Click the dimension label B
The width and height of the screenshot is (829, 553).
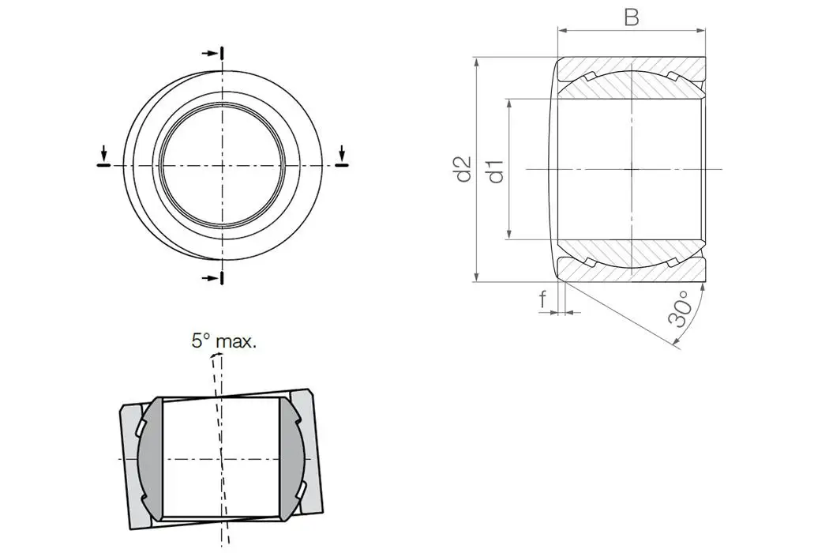631,17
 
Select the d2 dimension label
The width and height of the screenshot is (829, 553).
463,169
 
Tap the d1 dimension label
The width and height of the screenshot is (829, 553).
495,170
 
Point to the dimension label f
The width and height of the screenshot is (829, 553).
542,299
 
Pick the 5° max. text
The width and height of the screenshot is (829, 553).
224,341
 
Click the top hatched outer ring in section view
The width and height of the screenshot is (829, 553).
631,66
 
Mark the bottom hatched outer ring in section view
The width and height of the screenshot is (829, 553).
631,271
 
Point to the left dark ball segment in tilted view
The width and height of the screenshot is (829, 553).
150,458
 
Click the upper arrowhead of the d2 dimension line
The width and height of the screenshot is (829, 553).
477,62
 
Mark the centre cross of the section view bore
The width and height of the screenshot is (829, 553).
631,169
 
